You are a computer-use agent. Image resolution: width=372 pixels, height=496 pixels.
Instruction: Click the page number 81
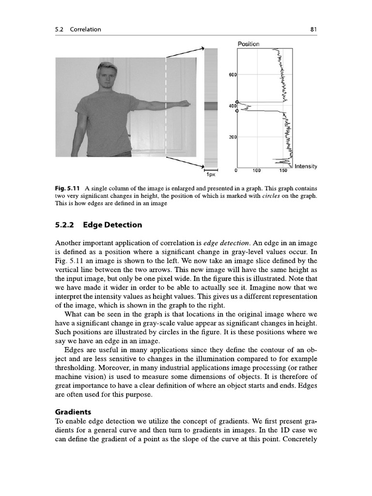[313, 30]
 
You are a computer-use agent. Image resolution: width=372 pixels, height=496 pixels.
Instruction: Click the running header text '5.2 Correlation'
[78, 30]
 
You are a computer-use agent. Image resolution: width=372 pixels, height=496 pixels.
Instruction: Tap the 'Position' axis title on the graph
[248, 44]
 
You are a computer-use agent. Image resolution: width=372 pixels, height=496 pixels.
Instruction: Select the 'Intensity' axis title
[306, 166]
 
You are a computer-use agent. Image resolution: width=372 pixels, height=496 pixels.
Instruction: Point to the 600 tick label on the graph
[232, 75]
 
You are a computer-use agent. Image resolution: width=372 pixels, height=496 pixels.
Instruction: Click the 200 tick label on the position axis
[232, 138]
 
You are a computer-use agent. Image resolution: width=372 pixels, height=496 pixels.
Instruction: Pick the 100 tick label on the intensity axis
[257, 170]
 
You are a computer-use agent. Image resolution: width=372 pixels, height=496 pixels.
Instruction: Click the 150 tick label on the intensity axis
[283, 170]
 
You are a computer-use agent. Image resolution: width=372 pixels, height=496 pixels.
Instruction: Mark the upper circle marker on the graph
[237, 101]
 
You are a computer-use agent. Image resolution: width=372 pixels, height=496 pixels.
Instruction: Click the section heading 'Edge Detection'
[112, 225]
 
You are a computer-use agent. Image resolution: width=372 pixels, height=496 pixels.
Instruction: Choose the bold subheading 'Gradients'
[73, 412]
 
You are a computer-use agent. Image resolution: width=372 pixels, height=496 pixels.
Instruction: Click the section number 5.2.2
[66, 225]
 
